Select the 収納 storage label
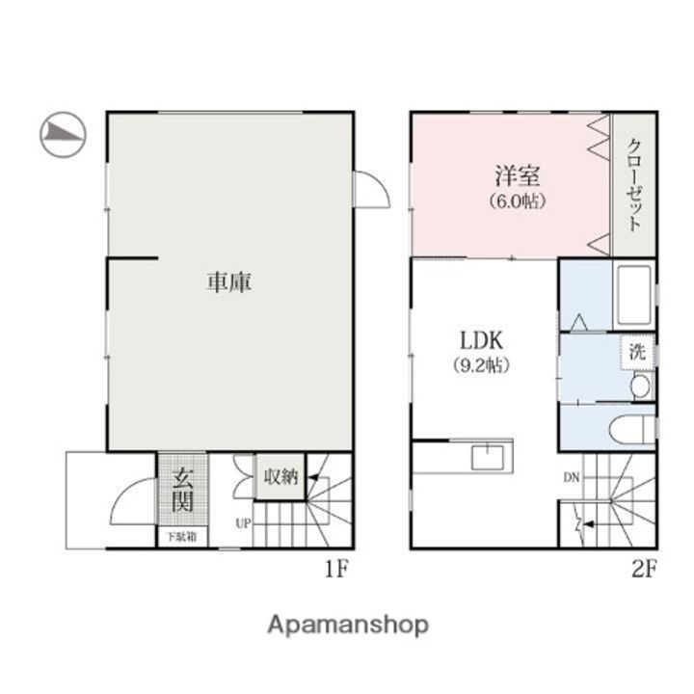click(x=280, y=476)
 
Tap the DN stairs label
click(x=573, y=476)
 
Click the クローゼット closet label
click(x=634, y=185)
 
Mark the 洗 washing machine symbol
click(x=637, y=352)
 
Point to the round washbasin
click(x=640, y=387)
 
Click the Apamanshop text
click(x=347, y=625)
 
